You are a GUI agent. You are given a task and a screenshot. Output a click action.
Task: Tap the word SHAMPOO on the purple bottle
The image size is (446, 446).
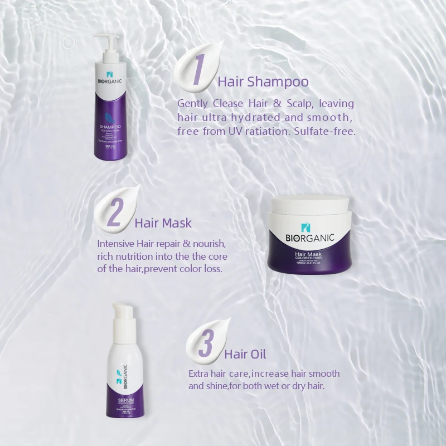[x=110, y=127]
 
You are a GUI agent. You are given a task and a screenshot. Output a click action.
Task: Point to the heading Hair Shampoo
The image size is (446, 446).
[x=263, y=82]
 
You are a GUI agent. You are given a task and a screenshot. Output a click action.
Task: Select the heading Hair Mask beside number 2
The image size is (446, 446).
[x=163, y=224]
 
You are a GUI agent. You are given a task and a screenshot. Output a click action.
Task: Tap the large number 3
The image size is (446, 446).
[x=207, y=341]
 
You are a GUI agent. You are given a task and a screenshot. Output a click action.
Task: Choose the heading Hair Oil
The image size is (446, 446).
[x=245, y=354]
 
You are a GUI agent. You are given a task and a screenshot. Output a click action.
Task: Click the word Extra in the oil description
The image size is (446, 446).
[x=198, y=374]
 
